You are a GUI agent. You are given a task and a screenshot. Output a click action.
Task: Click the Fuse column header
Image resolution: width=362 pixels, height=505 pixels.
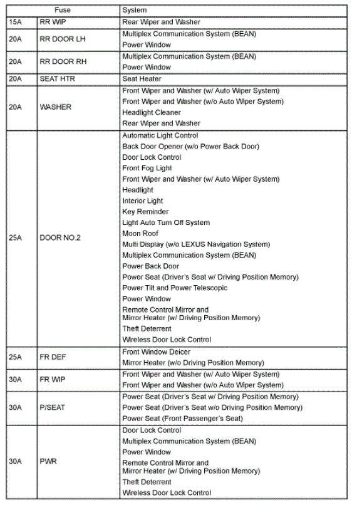[63, 10]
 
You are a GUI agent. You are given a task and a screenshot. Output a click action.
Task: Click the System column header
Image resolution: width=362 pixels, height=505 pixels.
[135, 10]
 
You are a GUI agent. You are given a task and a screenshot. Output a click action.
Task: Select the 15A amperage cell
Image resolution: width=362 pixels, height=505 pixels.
[15, 22]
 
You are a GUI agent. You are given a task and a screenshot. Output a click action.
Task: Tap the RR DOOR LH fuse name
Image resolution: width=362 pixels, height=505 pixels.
[61, 39]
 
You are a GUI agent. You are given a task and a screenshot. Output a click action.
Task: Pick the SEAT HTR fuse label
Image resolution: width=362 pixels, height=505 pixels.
[58, 79]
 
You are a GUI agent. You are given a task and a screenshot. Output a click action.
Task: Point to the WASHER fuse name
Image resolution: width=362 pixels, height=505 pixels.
[55, 107]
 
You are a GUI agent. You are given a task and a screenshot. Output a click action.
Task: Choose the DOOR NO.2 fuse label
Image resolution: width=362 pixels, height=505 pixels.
[60, 238]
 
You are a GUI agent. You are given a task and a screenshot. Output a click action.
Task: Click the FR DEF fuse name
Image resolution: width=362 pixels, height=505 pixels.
[53, 357]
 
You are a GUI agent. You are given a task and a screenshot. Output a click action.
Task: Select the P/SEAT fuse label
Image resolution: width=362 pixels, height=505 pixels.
[53, 407]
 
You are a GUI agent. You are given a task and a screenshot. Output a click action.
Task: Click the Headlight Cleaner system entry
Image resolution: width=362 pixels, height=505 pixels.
[152, 113]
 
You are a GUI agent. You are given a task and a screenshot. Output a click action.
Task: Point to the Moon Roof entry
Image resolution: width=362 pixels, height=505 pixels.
[140, 234]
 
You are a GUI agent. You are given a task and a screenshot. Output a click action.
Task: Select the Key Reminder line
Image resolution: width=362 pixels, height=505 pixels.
[145, 212]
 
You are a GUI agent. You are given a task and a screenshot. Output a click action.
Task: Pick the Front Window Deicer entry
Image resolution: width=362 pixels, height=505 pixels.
[157, 352]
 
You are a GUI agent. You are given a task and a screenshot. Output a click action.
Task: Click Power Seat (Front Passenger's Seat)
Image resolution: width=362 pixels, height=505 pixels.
[183, 419]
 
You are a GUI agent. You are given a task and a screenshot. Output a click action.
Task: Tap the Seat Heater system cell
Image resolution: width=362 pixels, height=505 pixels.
[142, 79]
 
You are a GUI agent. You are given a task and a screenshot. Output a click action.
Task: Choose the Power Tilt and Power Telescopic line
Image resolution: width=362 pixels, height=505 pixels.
[175, 288]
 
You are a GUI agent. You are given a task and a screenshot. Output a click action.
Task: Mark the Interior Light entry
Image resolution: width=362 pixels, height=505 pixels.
[143, 201]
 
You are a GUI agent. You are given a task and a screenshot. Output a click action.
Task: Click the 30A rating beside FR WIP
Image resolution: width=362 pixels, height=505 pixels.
[15, 380]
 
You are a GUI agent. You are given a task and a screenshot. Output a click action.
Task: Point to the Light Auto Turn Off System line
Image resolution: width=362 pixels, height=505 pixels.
[166, 222]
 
